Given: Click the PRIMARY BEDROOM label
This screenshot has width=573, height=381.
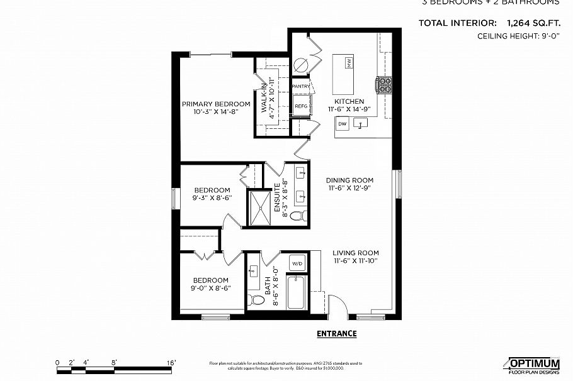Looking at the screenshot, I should (216, 104).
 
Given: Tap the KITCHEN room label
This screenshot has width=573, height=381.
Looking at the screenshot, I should (349, 101).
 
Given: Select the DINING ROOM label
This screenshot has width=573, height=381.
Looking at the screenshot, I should (349, 180).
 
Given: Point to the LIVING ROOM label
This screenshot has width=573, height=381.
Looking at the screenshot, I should (356, 253).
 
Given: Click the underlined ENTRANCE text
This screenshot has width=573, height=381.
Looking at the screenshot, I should (336, 334).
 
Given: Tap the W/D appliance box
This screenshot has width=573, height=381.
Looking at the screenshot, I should (297, 262).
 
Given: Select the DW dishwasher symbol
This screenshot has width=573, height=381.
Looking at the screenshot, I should (343, 124).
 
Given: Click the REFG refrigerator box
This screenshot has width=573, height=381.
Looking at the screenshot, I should (301, 106).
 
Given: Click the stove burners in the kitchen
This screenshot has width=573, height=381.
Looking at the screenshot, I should (384, 84).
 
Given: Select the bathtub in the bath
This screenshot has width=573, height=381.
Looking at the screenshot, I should (297, 294).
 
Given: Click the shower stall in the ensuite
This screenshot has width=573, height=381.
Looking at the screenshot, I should (259, 206).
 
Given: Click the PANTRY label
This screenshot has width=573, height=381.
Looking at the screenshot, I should (301, 86).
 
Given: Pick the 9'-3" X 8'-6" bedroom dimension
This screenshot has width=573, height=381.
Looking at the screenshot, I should (212, 197).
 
